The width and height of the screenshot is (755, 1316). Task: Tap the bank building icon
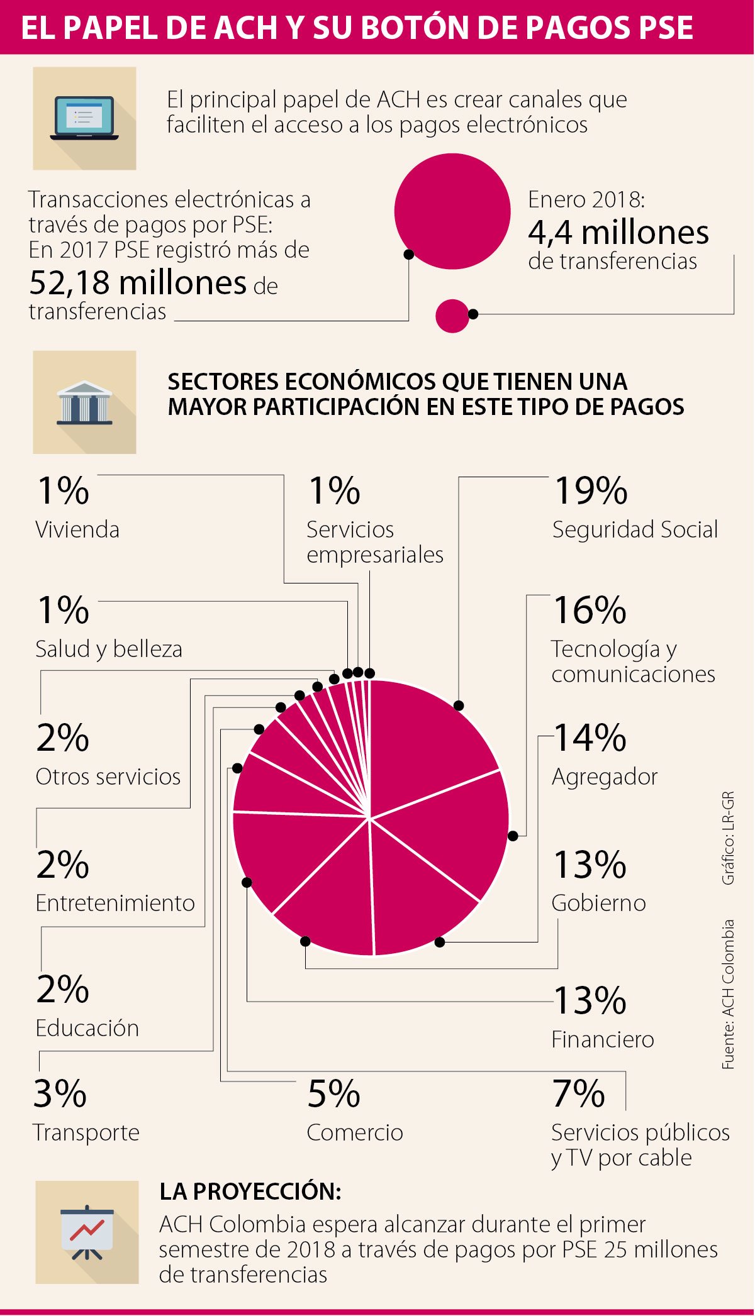pyautogui.click(x=84, y=402)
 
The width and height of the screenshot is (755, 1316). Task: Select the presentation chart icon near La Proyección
pyautogui.click(x=87, y=1233)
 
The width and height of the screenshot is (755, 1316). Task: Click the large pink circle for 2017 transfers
pyautogui.click(x=452, y=211)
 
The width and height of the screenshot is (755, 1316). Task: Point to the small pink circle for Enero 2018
pyautogui.click(x=452, y=315)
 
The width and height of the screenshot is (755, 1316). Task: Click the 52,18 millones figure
pyautogui.click(x=138, y=283)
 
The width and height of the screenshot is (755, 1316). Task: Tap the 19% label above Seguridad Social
pyautogui.click(x=590, y=490)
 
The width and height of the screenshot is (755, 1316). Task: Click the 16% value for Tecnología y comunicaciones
pyautogui.click(x=589, y=610)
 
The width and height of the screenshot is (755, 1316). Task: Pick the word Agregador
pyautogui.click(x=604, y=777)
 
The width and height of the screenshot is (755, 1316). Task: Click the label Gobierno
pyautogui.click(x=598, y=903)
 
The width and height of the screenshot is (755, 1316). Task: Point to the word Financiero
pyautogui.click(x=602, y=1039)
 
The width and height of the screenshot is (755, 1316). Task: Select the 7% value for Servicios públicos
pyautogui.click(x=578, y=1094)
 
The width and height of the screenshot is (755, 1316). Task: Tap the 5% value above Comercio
pyautogui.click(x=333, y=1094)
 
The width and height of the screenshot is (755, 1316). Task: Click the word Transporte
pyautogui.click(x=86, y=1132)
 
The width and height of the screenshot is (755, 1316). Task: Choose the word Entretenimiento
pyautogui.click(x=115, y=903)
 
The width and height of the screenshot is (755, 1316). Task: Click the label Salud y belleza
pyautogui.click(x=109, y=649)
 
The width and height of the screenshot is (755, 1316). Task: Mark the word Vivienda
pyautogui.click(x=77, y=529)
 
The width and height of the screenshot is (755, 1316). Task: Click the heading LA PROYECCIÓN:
pyautogui.click(x=250, y=1191)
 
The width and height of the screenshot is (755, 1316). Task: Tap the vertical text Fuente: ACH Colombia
pyautogui.click(x=728, y=993)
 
